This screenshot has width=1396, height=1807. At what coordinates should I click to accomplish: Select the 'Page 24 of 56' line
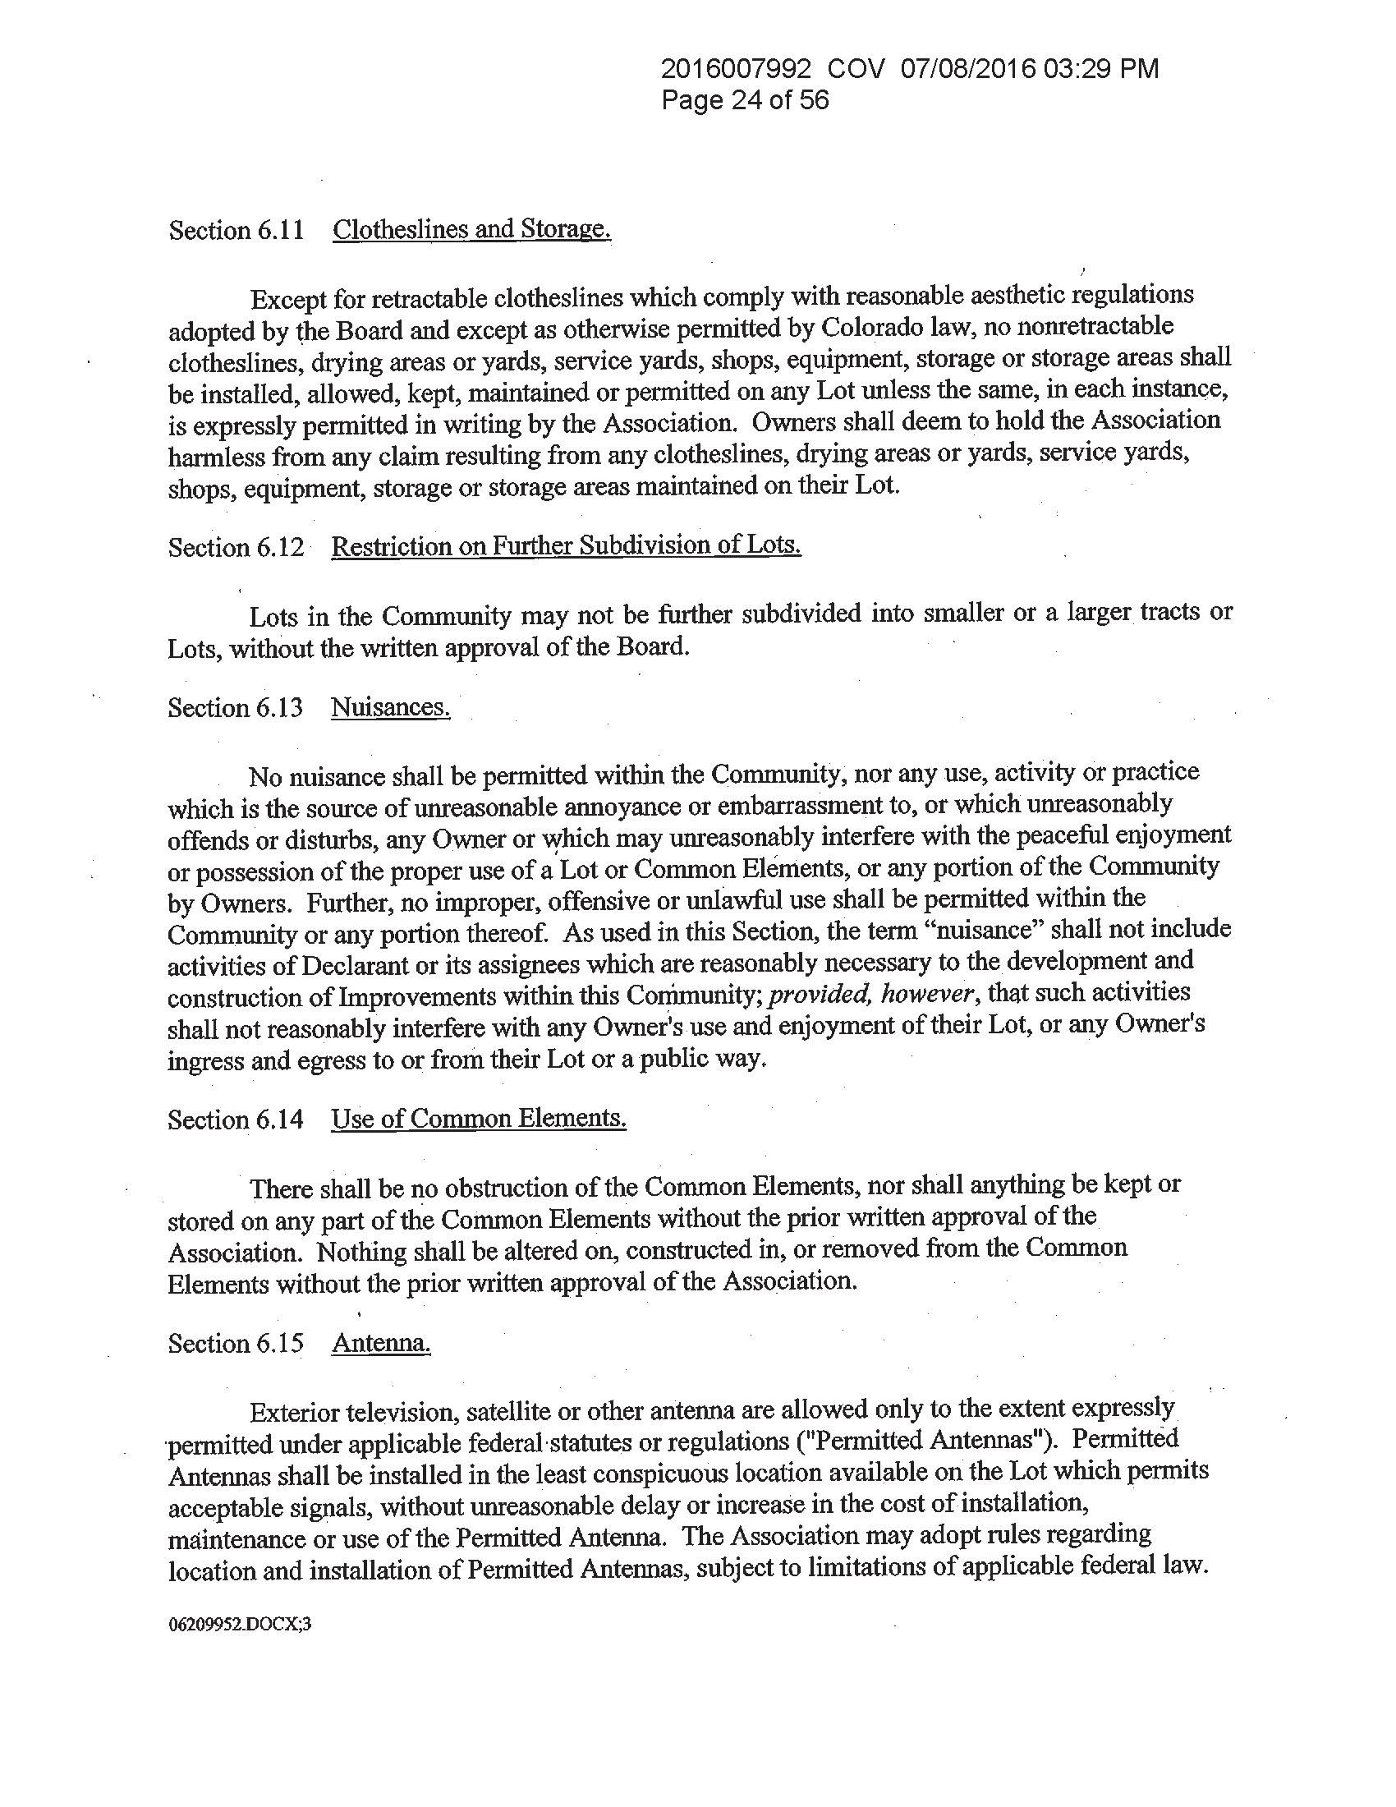point(745,101)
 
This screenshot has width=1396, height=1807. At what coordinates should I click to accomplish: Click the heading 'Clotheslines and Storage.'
point(471,228)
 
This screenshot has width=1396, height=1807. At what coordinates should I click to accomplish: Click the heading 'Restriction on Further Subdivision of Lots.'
point(566,545)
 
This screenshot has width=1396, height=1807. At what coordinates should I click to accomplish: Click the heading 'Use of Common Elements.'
point(478,1119)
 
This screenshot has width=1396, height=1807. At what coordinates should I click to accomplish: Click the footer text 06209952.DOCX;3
point(240,1624)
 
